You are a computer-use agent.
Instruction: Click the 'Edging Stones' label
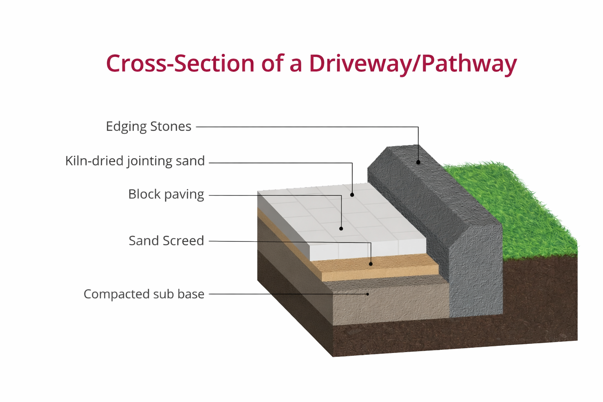pyautogui.click(x=148, y=126)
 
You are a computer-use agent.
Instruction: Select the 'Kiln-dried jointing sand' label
pyautogui.click(x=135, y=161)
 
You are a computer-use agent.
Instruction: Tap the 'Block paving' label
pyautogui.click(x=166, y=194)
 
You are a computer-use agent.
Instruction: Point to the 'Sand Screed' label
pyautogui.click(x=166, y=241)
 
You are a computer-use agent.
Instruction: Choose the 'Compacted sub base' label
pyautogui.click(x=144, y=294)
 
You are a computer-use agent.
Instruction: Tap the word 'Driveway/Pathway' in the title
pyautogui.click(x=413, y=64)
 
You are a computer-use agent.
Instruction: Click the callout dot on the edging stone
pyautogui.click(x=418, y=162)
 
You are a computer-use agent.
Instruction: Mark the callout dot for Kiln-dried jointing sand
pyautogui.click(x=352, y=195)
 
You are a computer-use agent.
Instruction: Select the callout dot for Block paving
pyautogui.click(x=341, y=228)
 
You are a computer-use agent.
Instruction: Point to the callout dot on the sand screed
pyautogui.click(x=371, y=264)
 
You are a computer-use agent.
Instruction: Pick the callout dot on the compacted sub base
pyautogui.click(x=368, y=294)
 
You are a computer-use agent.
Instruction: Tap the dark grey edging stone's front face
pyautogui.click(x=476, y=275)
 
